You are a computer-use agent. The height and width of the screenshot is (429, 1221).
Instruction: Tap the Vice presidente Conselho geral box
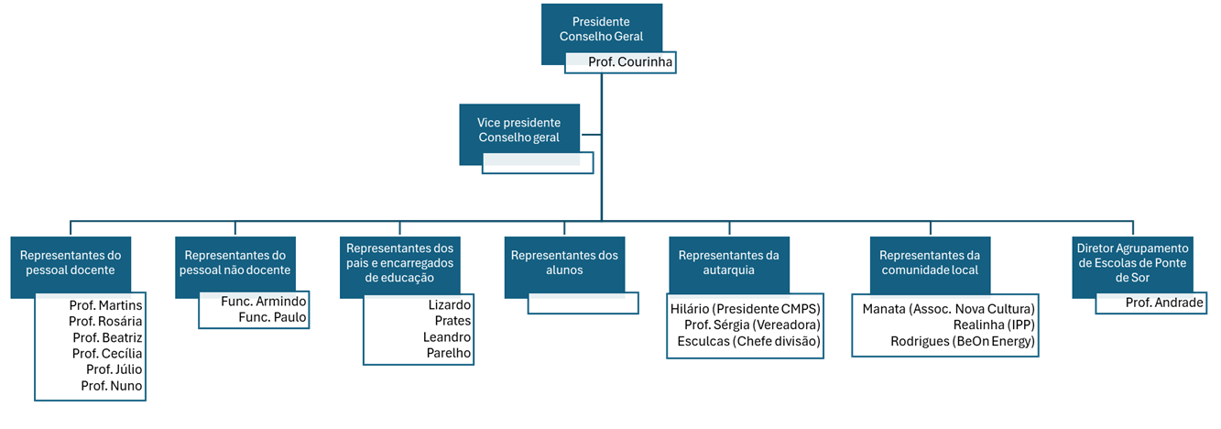518,129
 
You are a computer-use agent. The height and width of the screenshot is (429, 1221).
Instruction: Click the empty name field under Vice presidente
538,163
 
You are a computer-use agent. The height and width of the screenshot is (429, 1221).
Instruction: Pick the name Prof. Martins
105,304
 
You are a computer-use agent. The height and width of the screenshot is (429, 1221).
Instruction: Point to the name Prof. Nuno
111,386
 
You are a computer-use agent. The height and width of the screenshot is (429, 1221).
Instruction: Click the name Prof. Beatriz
107,337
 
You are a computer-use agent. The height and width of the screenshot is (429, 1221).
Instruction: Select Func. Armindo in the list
264,301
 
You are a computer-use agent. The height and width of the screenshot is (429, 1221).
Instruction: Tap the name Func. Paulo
272,317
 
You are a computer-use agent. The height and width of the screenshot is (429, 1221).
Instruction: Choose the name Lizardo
449,304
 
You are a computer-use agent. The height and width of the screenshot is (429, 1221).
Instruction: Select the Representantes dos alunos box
564,262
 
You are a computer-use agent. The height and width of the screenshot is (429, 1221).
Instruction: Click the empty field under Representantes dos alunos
583,303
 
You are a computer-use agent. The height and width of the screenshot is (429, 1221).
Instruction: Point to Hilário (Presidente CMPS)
745,308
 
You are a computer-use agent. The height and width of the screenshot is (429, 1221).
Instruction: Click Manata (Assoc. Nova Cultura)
948,308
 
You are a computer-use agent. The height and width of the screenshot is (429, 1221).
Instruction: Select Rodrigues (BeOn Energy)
962,341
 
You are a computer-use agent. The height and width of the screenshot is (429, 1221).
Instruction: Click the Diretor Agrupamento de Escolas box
1132,262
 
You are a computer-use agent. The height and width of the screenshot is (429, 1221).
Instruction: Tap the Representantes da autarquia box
728,262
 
